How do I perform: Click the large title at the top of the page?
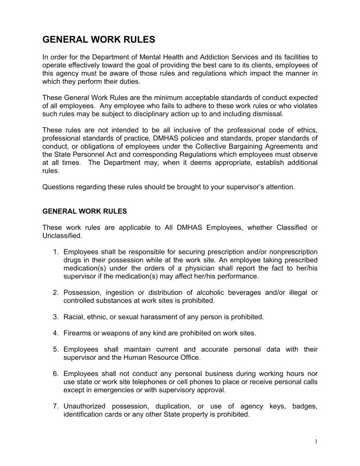click(99, 40)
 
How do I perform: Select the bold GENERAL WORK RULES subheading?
click(85, 210)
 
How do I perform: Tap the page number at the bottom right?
click(316, 442)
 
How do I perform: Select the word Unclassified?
click(62, 235)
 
